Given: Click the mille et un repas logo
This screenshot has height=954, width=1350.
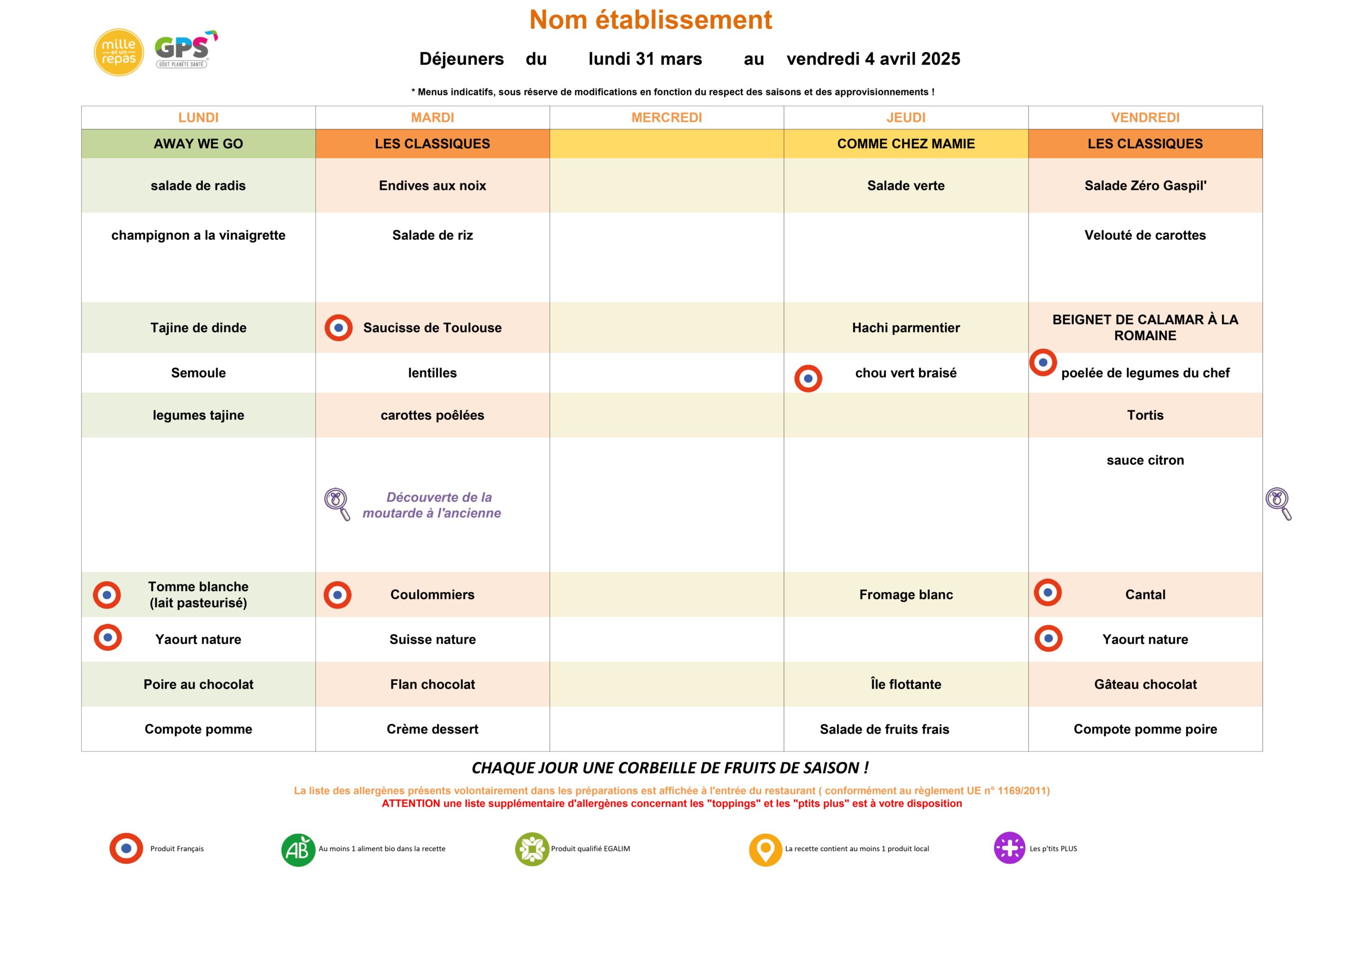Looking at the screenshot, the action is tap(119, 52).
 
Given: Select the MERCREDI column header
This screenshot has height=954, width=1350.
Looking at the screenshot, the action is tap(666, 118).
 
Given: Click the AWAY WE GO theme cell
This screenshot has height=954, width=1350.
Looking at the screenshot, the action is tap(198, 143).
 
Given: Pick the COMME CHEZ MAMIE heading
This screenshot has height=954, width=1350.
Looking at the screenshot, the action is tap(905, 143).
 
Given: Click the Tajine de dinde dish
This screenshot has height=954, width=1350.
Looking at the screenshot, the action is tap(198, 327).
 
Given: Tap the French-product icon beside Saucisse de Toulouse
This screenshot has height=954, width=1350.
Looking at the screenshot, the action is tap(339, 327).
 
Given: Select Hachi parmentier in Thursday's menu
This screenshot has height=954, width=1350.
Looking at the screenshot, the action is tap(905, 327).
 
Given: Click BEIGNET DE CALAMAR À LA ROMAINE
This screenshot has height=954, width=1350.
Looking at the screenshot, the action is tap(1145, 327).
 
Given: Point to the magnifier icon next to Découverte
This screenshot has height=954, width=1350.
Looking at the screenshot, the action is tap(337, 504).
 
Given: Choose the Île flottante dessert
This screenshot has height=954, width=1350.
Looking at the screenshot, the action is tap(905, 684).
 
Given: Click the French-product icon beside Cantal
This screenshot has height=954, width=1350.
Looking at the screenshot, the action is tap(1048, 592).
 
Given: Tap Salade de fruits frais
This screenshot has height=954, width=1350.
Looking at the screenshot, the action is tap(884, 729).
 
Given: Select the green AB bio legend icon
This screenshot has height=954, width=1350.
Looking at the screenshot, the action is tap(298, 850).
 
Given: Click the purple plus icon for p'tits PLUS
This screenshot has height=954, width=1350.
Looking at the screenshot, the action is tap(1009, 847).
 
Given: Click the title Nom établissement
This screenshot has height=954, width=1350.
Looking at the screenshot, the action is tap(650, 20).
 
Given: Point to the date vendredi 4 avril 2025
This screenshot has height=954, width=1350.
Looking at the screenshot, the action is tap(873, 59).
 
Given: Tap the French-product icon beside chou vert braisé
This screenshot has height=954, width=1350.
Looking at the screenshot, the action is tap(808, 378).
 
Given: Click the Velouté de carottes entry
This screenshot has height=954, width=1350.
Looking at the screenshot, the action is tap(1145, 235).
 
